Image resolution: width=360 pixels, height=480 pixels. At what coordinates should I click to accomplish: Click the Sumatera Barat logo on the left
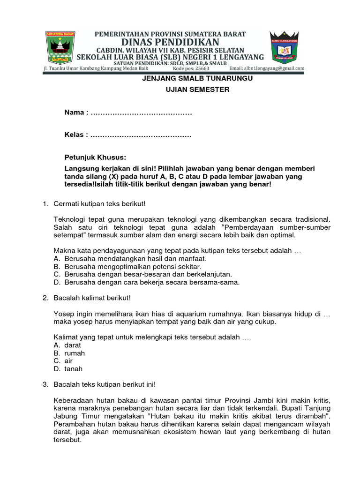coord(66,47)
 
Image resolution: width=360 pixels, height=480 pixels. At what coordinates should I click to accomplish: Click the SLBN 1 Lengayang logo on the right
coord(285,48)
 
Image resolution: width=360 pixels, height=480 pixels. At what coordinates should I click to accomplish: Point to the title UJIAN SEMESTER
coord(197,90)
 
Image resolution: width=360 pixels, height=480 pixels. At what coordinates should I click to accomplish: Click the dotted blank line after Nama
coord(141,113)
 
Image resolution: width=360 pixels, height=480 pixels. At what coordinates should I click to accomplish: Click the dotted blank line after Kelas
coord(141,135)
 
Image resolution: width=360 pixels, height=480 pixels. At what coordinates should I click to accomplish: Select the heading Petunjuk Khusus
coord(95,157)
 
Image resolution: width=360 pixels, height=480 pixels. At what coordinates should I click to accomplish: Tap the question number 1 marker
coord(45,203)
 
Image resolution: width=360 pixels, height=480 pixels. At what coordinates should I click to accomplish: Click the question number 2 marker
coord(45,298)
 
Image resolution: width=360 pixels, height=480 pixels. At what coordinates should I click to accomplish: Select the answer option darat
coord(73,345)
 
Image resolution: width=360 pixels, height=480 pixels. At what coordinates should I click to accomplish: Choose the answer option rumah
coord(75,353)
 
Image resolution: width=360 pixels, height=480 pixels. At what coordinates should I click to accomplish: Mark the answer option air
coord(68,361)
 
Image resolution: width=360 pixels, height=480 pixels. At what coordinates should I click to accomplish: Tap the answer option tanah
coord(73,369)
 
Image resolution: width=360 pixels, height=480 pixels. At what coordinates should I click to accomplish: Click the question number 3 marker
coord(45,385)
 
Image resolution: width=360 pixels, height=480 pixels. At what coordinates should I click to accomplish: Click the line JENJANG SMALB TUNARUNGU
coord(197,78)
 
